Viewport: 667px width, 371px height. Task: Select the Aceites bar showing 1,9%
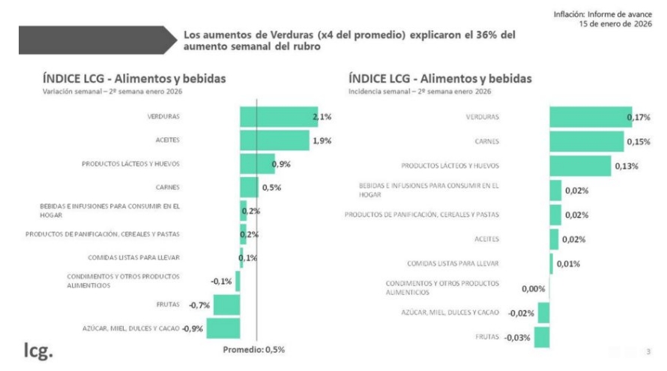click(274, 140)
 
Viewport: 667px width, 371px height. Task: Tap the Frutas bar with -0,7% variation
click(227, 304)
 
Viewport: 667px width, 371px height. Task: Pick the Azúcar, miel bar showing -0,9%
click(223, 328)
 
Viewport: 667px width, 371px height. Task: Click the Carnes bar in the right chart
click(586, 142)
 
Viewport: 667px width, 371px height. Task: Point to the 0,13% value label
click(626, 166)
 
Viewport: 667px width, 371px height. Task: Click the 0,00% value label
click(533, 288)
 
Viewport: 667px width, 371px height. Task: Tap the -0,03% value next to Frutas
click(517, 337)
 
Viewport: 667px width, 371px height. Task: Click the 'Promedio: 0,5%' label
click(254, 349)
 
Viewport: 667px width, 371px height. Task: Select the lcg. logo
click(37, 350)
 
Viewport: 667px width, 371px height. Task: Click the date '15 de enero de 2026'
click(617, 24)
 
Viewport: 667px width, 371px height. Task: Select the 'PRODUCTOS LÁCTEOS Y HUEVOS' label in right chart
click(450, 166)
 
